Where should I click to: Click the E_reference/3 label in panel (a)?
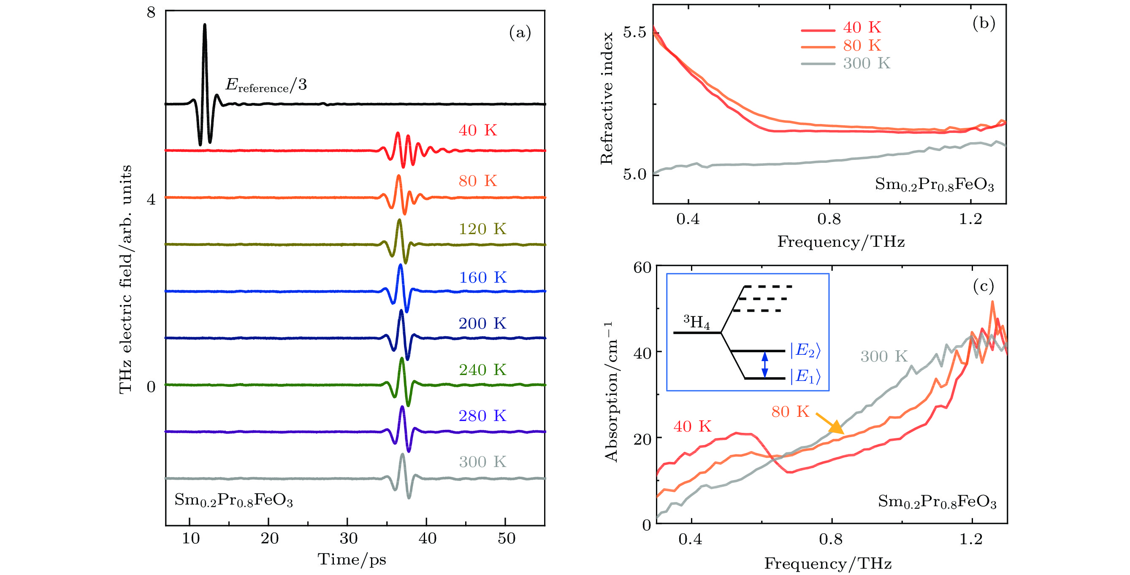pos(266,85)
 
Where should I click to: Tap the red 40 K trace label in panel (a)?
pos(478,130)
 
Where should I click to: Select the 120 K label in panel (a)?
pos(482,229)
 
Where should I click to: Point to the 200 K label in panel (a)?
pos(482,324)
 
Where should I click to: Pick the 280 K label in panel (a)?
pos(482,416)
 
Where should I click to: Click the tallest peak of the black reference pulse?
pos(204,25)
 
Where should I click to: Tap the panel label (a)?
pos(520,32)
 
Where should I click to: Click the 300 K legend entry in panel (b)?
pos(846,64)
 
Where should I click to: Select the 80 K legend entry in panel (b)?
pos(842,46)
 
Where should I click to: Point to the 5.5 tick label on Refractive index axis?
pos(634,32)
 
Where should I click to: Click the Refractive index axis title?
pos(607,98)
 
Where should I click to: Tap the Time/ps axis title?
pos(352,560)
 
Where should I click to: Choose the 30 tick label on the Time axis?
pos(348,538)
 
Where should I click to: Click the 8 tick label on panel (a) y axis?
pos(151,12)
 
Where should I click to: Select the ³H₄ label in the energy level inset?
pos(696,322)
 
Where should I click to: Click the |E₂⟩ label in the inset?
pos(805,350)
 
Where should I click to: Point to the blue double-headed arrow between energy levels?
pos(764,364)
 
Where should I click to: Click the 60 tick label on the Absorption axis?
pos(642,267)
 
